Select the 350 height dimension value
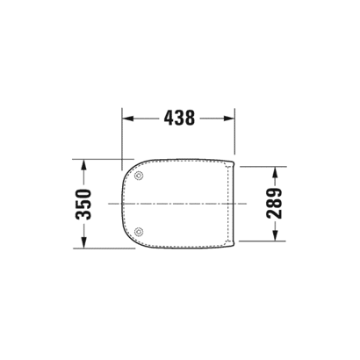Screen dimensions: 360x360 84,204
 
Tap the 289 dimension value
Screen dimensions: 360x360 273,204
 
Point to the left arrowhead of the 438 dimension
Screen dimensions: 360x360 125,117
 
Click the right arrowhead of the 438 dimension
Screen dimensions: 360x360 232,117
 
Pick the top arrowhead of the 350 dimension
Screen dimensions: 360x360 84,163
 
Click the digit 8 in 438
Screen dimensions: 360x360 192,117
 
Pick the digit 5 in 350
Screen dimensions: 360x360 84,204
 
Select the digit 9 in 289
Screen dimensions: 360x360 273,191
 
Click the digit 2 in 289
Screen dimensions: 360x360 273,216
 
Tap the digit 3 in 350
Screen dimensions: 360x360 84,216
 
